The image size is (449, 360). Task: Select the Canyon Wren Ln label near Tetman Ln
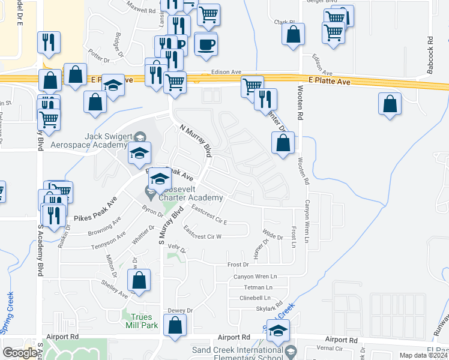(255, 277)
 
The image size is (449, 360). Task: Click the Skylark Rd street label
(269, 308)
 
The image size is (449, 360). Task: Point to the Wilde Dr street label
(273, 238)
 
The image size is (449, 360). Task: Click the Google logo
(20, 353)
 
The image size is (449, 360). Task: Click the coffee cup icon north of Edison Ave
(206, 43)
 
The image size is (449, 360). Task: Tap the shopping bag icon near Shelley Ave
(139, 280)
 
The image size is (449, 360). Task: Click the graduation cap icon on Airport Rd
(278, 331)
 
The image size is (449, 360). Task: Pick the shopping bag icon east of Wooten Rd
(390, 103)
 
